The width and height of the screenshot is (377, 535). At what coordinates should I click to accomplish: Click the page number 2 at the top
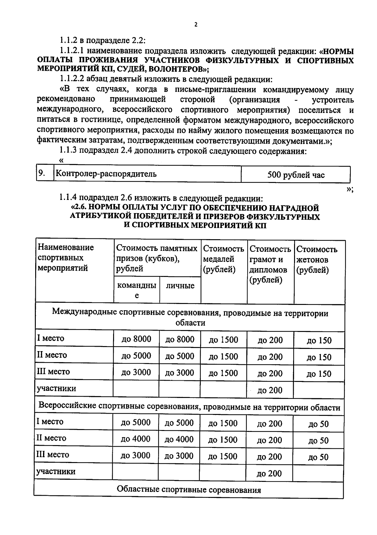click(x=196, y=25)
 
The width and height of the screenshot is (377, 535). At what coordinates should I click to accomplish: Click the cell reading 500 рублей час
click(x=296, y=175)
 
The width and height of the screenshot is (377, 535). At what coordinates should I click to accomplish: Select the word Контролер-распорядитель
click(x=106, y=174)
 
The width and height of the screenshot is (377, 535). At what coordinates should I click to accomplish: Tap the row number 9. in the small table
click(x=42, y=173)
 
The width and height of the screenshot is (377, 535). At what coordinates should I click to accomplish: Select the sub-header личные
click(x=180, y=286)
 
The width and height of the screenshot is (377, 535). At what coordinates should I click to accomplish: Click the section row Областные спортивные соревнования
click(x=189, y=490)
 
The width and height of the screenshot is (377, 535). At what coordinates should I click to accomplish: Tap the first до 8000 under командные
click(x=136, y=339)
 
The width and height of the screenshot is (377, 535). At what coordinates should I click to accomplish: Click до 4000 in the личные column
click(x=179, y=439)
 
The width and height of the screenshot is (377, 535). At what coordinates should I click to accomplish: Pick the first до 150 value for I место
click(x=319, y=340)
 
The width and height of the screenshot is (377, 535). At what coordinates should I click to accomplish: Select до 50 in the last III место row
click(x=318, y=457)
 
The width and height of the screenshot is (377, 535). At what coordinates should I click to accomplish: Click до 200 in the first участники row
click(x=270, y=390)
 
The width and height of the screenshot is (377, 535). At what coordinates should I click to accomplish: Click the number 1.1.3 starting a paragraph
click(x=68, y=151)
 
